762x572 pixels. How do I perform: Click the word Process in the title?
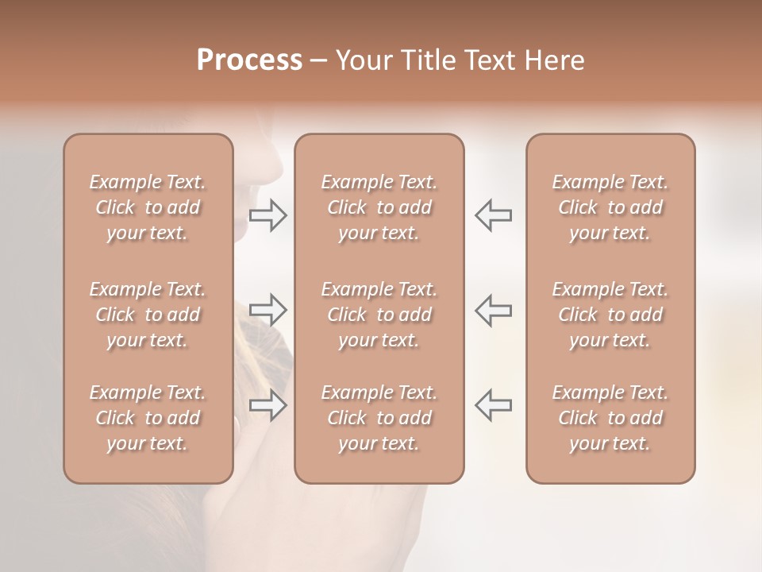coord(249,60)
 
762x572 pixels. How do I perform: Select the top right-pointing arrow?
coord(268,215)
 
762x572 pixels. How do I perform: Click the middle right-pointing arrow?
coord(268,310)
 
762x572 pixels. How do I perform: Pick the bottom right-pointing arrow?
coord(268,405)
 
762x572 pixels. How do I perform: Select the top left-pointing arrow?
coord(493,215)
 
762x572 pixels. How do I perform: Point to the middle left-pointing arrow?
coord(493,310)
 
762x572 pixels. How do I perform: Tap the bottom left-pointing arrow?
coord(493,405)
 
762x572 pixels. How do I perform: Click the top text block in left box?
coord(148,207)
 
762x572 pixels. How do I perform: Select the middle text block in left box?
coord(148,315)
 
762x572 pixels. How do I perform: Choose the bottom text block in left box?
coord(148,418)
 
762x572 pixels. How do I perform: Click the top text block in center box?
coord(379,207)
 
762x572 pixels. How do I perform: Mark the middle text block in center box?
coord(379,315)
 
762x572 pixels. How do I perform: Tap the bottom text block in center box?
coord(379,418)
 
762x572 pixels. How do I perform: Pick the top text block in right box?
coord(610,207)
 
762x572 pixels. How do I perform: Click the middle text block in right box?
coord(610,315)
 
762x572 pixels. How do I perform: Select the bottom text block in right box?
coord(610,418)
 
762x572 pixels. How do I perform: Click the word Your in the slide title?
coord(362,60)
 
